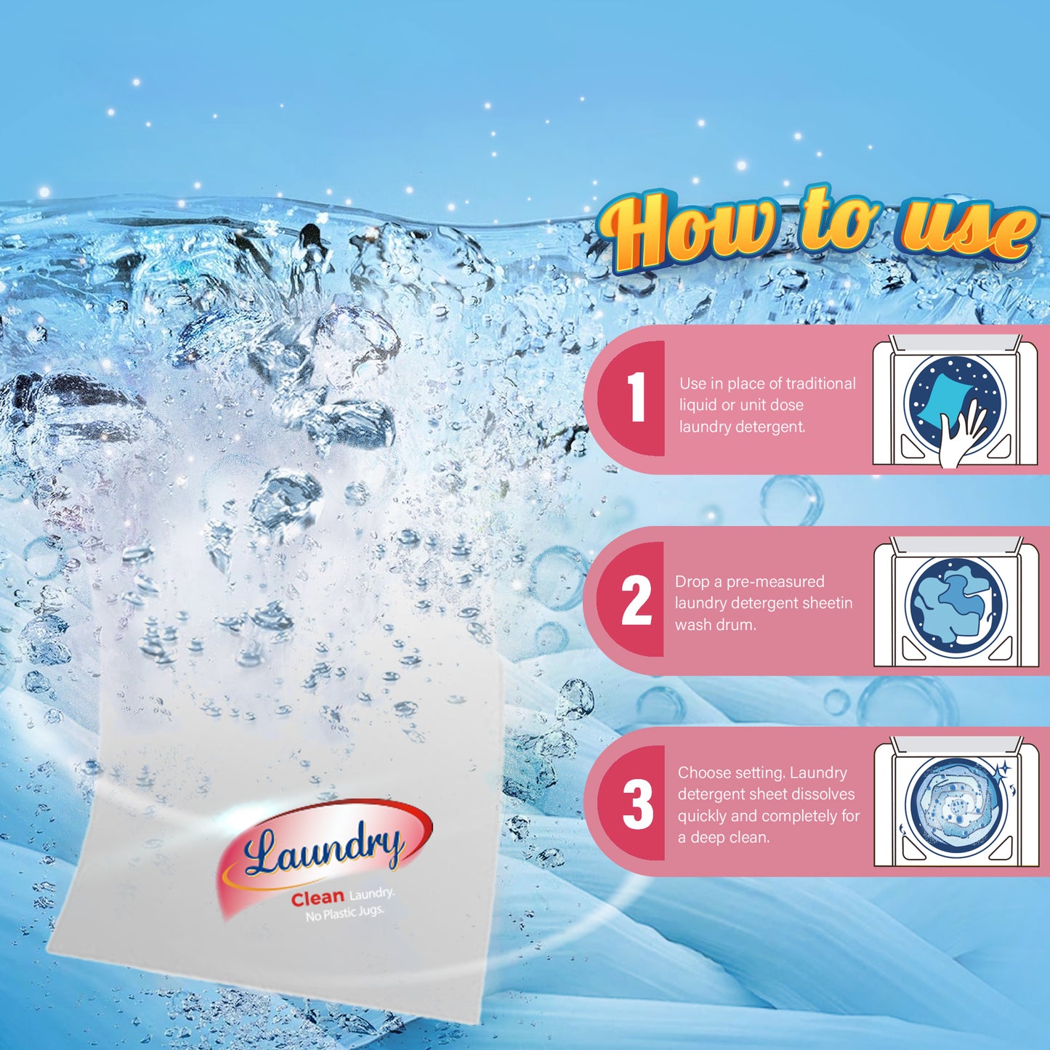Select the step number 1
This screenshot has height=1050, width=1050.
tap(637, 397)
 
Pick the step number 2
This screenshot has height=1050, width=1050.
tap(637, 600)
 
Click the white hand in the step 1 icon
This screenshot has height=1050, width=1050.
tap(959, 437)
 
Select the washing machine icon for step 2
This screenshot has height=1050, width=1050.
tap(956, 603)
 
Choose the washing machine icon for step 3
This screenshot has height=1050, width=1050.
tap(956, 804)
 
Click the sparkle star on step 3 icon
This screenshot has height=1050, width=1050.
tap(1003, 768)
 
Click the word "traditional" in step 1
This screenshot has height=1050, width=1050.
tap(820, 384)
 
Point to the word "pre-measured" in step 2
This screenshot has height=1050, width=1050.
tap(775, 581)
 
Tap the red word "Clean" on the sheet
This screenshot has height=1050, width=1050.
tap(318, 899)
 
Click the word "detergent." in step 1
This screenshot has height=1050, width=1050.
tap(770, 427)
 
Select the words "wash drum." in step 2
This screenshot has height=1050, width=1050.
tap(715, 625)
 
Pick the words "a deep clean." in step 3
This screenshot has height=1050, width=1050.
tap(724, 837)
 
